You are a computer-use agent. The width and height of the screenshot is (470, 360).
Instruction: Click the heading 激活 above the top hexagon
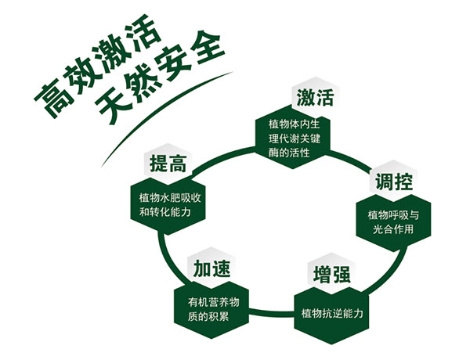pyautogui.click(x=315, y=99)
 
